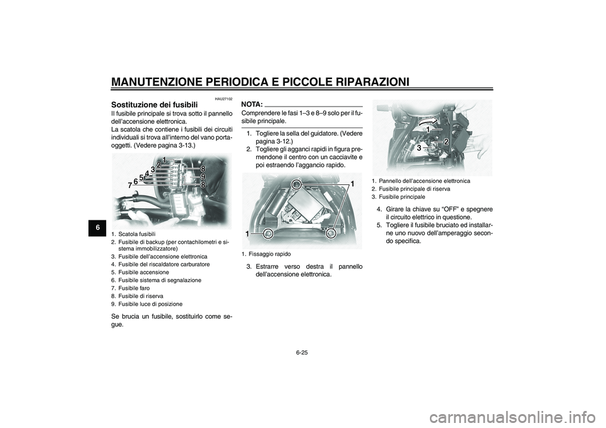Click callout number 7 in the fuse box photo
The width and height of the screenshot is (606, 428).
[129, 186]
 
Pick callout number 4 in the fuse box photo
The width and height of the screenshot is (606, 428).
[146, 173]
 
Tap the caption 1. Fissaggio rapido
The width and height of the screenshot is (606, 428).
[266, 254]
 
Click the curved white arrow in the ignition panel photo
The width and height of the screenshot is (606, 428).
[422, 120]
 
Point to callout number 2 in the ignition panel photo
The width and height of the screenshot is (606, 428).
[446, 141]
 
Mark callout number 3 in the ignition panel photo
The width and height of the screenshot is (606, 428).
[419, 147]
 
